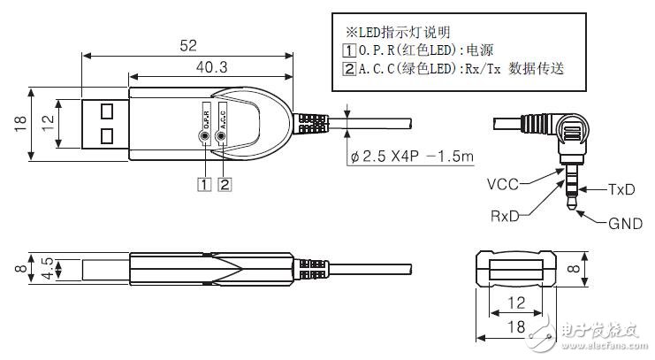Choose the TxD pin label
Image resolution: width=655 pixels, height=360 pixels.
pyautogui.click(x=621, y=189)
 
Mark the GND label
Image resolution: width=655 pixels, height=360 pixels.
pyautogui.click(x=624, y=224)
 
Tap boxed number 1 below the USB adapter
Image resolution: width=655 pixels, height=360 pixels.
pyautogui.click(x=205, y=185)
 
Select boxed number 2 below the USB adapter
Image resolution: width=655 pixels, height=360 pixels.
pyautogui.click(x=225, y=185)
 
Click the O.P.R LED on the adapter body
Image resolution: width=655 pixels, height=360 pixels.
pyautogui.click(x=205, y=137)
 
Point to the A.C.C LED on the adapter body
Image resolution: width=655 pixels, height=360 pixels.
pyautogui.click(x=222, y=137)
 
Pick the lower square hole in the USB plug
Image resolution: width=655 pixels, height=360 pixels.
pyautogui.click(x=107, y=135)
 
